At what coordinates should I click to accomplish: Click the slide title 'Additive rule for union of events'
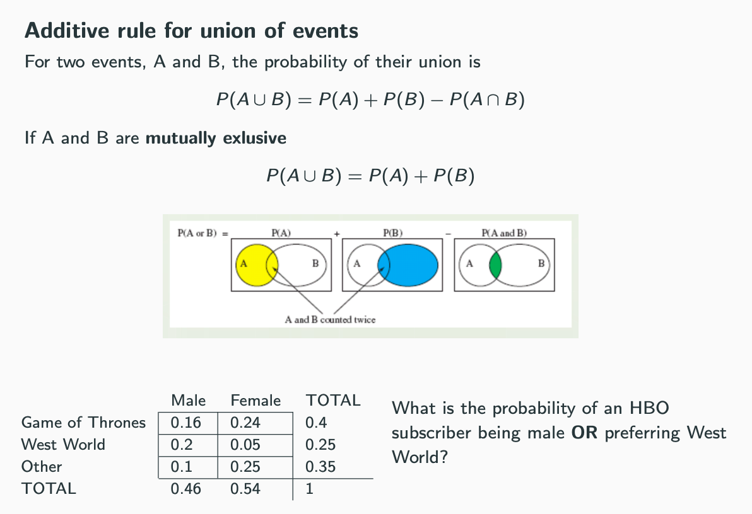click(x=191, y=30)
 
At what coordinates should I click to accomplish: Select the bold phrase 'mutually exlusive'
click(x=216, y=138)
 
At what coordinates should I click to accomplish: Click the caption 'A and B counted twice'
click(x=330, y=319)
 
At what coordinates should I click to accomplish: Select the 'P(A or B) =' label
click(x=203, y=233)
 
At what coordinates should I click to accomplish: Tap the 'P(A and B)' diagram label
click(x=503, y=233)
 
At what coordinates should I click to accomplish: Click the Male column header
click(x=188, y=401)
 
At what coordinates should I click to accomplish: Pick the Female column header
click(x=256, y=401)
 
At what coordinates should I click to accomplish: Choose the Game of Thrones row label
click(x=83, y=423)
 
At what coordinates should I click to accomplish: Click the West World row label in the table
click(x=63, y=445)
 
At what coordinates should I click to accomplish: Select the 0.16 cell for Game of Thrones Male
click(x=186, y=423)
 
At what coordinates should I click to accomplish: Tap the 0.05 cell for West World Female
click(x=245, y=445)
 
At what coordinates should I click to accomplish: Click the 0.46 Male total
click(x=186, y=489)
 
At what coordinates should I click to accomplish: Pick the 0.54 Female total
click(x=245, y=489)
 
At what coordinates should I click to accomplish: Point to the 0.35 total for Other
click(x=320, y=467)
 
